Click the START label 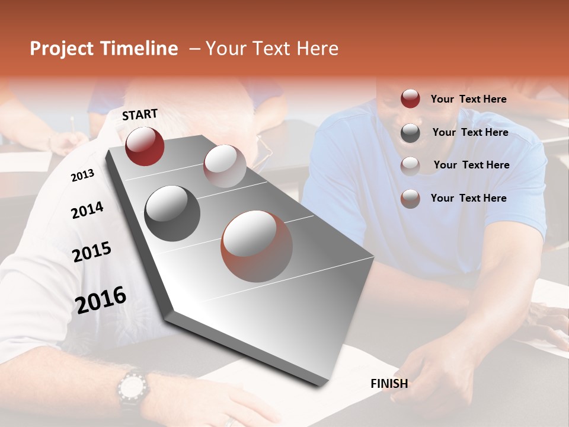pos(140,114)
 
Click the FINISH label pos(389,384)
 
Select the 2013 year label pos(83,176)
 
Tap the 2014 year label pos(87,211)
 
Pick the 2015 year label pos(92,252)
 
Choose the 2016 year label pos(101,299)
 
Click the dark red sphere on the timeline pos(145,146)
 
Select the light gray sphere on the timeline pos(225,166)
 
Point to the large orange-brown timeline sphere pos(257,246)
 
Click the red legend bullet pos(410,99)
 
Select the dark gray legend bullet pos(410,133)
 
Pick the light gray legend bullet pos(410,165)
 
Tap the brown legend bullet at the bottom pos(410,199)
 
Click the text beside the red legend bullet pos(468,99)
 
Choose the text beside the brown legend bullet pos(468,198)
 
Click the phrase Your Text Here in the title pos(272,49)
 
